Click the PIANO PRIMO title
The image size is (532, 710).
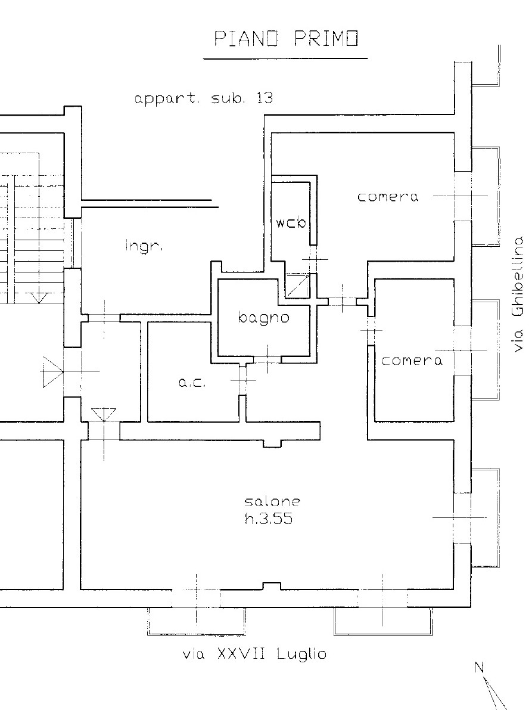coord(286,39)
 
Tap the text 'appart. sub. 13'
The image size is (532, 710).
coord(204,98)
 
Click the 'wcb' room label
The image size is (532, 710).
coord(291,222)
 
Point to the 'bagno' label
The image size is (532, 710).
coord(263,317)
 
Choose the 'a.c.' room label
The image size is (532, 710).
coord(192,383)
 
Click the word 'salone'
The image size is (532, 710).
coord(272,501)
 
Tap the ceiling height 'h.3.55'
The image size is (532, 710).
coord(269,519)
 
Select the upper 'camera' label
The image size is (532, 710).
coord(388,197)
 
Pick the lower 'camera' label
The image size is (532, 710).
coord(412,361)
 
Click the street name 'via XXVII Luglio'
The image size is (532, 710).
coord(254,654)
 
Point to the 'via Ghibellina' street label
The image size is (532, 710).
coord(518,293)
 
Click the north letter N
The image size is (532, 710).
coord(480,667)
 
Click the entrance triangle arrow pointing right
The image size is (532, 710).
coord(52,372)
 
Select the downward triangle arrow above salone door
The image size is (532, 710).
coord(104,415)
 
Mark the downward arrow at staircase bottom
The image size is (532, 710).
coord(39,297)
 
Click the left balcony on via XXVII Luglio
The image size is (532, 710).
coord(197,621)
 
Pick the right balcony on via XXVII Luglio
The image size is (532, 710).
coord(382,621)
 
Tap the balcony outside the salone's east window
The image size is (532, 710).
coord(486,517)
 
